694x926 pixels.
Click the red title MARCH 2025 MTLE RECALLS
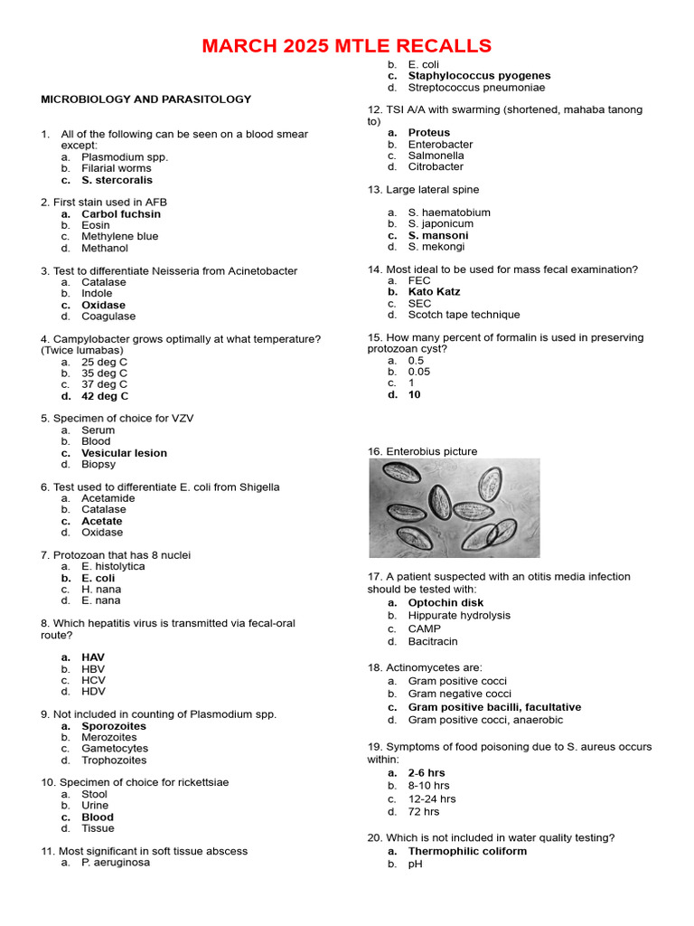tap(347, 46)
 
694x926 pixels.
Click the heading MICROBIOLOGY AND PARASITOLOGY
tap(145, 99)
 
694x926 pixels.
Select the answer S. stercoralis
tap(117, 180)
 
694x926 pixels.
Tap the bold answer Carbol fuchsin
tap(121, 214)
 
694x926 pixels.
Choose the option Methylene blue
tap(119, 237)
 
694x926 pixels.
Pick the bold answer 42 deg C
tap(105, 396)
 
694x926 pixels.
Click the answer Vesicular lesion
tap(124, 453)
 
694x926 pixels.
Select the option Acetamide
tap(108, 498)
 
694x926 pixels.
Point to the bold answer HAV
tap(93, 657)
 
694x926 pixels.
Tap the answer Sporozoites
tap(113, 726)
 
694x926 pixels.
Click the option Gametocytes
tap(115, 749)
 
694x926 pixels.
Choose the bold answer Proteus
tap(428, 133)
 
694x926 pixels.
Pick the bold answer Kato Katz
tap(434, 292)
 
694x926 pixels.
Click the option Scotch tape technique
tap(464, 315)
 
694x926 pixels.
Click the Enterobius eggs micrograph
tap(454, 507)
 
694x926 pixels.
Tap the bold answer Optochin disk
tap(445, 602)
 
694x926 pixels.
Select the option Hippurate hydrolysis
tap(459, 615)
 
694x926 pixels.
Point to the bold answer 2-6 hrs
tap(427, 773)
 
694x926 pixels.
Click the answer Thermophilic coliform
tap(467, 851)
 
